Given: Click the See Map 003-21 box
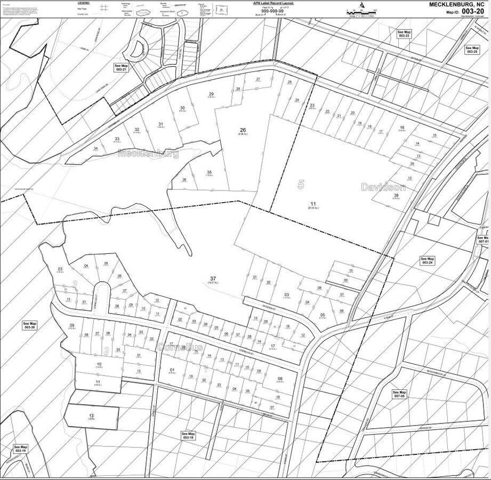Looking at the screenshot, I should point(122,68).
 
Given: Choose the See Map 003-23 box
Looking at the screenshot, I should point(404,34).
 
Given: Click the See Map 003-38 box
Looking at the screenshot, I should point(29,325).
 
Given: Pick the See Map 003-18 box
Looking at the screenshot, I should point(188,436).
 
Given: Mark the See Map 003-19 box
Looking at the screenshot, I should point(20,449).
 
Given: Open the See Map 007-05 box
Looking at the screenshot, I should point(400,394).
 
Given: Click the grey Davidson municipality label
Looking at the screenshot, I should point(383,188).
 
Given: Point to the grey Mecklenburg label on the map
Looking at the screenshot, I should point(148,154).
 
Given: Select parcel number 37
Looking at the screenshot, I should point(213,279).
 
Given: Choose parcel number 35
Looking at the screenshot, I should point(209,172).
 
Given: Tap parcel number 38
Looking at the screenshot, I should point(396,196).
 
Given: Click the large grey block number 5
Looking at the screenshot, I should point(301,185).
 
